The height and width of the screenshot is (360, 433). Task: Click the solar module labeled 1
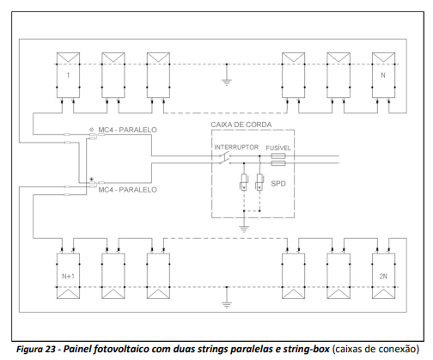tap(68, 75)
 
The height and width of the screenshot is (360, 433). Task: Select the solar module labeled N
tap(383, 75)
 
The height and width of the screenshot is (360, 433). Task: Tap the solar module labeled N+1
tap(68, 276)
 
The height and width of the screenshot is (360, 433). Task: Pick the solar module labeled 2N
tap(383, 276)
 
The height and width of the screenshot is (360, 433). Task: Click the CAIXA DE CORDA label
tap(241, 125)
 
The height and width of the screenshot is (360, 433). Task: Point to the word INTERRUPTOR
tap(236, 147)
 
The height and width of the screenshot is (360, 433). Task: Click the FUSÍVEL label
tap(278, 148)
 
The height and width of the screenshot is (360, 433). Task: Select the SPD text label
tap(278, 183)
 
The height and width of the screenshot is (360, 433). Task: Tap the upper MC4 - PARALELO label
tap(127, 130)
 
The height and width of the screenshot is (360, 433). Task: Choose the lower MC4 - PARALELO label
tap(127, 190)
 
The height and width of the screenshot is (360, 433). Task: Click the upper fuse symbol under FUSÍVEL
tap(278, 156)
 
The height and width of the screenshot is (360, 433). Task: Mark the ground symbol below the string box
tap(244, 229)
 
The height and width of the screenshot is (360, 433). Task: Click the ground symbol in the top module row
tap(227, 82)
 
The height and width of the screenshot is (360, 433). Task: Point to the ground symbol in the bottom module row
tap(227, 305)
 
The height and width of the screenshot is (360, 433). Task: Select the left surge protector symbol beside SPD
tap(244, 182)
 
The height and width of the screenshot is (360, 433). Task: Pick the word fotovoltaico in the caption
tap(120, 349)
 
